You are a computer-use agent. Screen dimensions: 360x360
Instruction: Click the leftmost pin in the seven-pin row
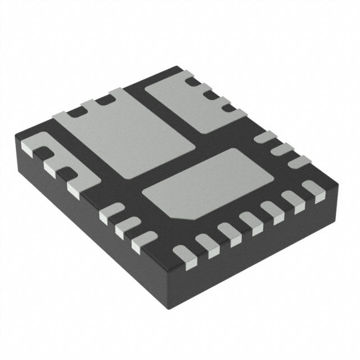click(x=183, y=255)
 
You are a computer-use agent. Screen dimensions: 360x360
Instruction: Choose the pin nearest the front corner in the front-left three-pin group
click(x=143, y=241)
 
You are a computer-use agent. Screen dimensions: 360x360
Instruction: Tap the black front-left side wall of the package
click(x=84, y=225)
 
